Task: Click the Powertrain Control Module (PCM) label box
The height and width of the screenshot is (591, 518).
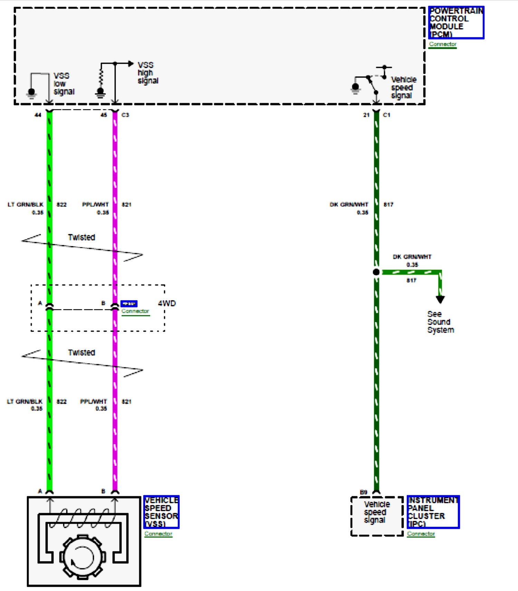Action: click(456, 22)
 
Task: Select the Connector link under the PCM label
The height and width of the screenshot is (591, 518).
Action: click(442, 44)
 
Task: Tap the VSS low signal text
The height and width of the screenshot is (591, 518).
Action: click(64, 84)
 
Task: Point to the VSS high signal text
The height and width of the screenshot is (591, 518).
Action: click(148, 73)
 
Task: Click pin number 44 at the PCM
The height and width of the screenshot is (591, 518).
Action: click(38, 115)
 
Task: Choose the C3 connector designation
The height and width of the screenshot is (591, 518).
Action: click(125, 115)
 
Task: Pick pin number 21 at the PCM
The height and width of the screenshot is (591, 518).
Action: click(366, 115)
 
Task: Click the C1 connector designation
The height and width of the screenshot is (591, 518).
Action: click(386, 115)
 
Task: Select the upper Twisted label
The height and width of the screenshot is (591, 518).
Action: click(81, 237)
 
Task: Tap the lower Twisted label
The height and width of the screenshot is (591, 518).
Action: click(81, 352)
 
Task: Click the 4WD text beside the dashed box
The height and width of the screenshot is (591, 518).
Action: click(167, 303)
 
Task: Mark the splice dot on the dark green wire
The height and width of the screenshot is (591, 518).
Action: click(376, 272)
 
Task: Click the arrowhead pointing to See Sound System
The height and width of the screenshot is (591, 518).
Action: click(440, 299)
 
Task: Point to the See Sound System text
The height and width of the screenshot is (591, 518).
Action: click(440, 322)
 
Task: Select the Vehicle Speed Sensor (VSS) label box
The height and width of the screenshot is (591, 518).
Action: click(161, 512)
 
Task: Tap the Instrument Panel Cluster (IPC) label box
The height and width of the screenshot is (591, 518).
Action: click(433, 512)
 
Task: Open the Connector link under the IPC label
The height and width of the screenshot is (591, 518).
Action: click(421, 534)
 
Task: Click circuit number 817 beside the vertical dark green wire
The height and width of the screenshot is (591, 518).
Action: click(388, 204)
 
